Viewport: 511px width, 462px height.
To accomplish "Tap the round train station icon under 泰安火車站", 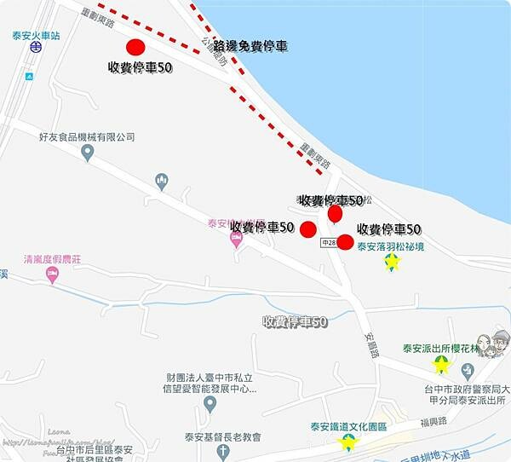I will (x=34, y=49).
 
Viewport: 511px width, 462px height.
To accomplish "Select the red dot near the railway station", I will (x=135, y=48).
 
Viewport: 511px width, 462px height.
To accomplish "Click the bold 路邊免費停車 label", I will (x=250, y=45).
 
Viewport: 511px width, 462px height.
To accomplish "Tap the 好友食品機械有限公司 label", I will (x=87, y=136).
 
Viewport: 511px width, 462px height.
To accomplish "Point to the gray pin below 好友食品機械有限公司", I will (x=87, y=153).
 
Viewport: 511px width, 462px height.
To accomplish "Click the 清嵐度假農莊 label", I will (x=52, y=258).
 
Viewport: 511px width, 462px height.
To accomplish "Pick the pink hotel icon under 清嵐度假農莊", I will (x=52, y=274).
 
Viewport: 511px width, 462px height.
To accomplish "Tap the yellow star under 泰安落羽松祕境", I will (x=392, y=263).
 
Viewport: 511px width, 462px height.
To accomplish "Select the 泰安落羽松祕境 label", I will (x=391, y=247).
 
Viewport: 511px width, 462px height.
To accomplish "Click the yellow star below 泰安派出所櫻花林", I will (x=441, y=365).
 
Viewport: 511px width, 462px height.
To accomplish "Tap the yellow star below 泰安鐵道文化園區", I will (x=347, y=442).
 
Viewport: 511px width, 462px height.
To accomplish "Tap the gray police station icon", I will (x=467, y=370).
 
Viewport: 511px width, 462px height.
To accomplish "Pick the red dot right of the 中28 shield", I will (x=345, y=241).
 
